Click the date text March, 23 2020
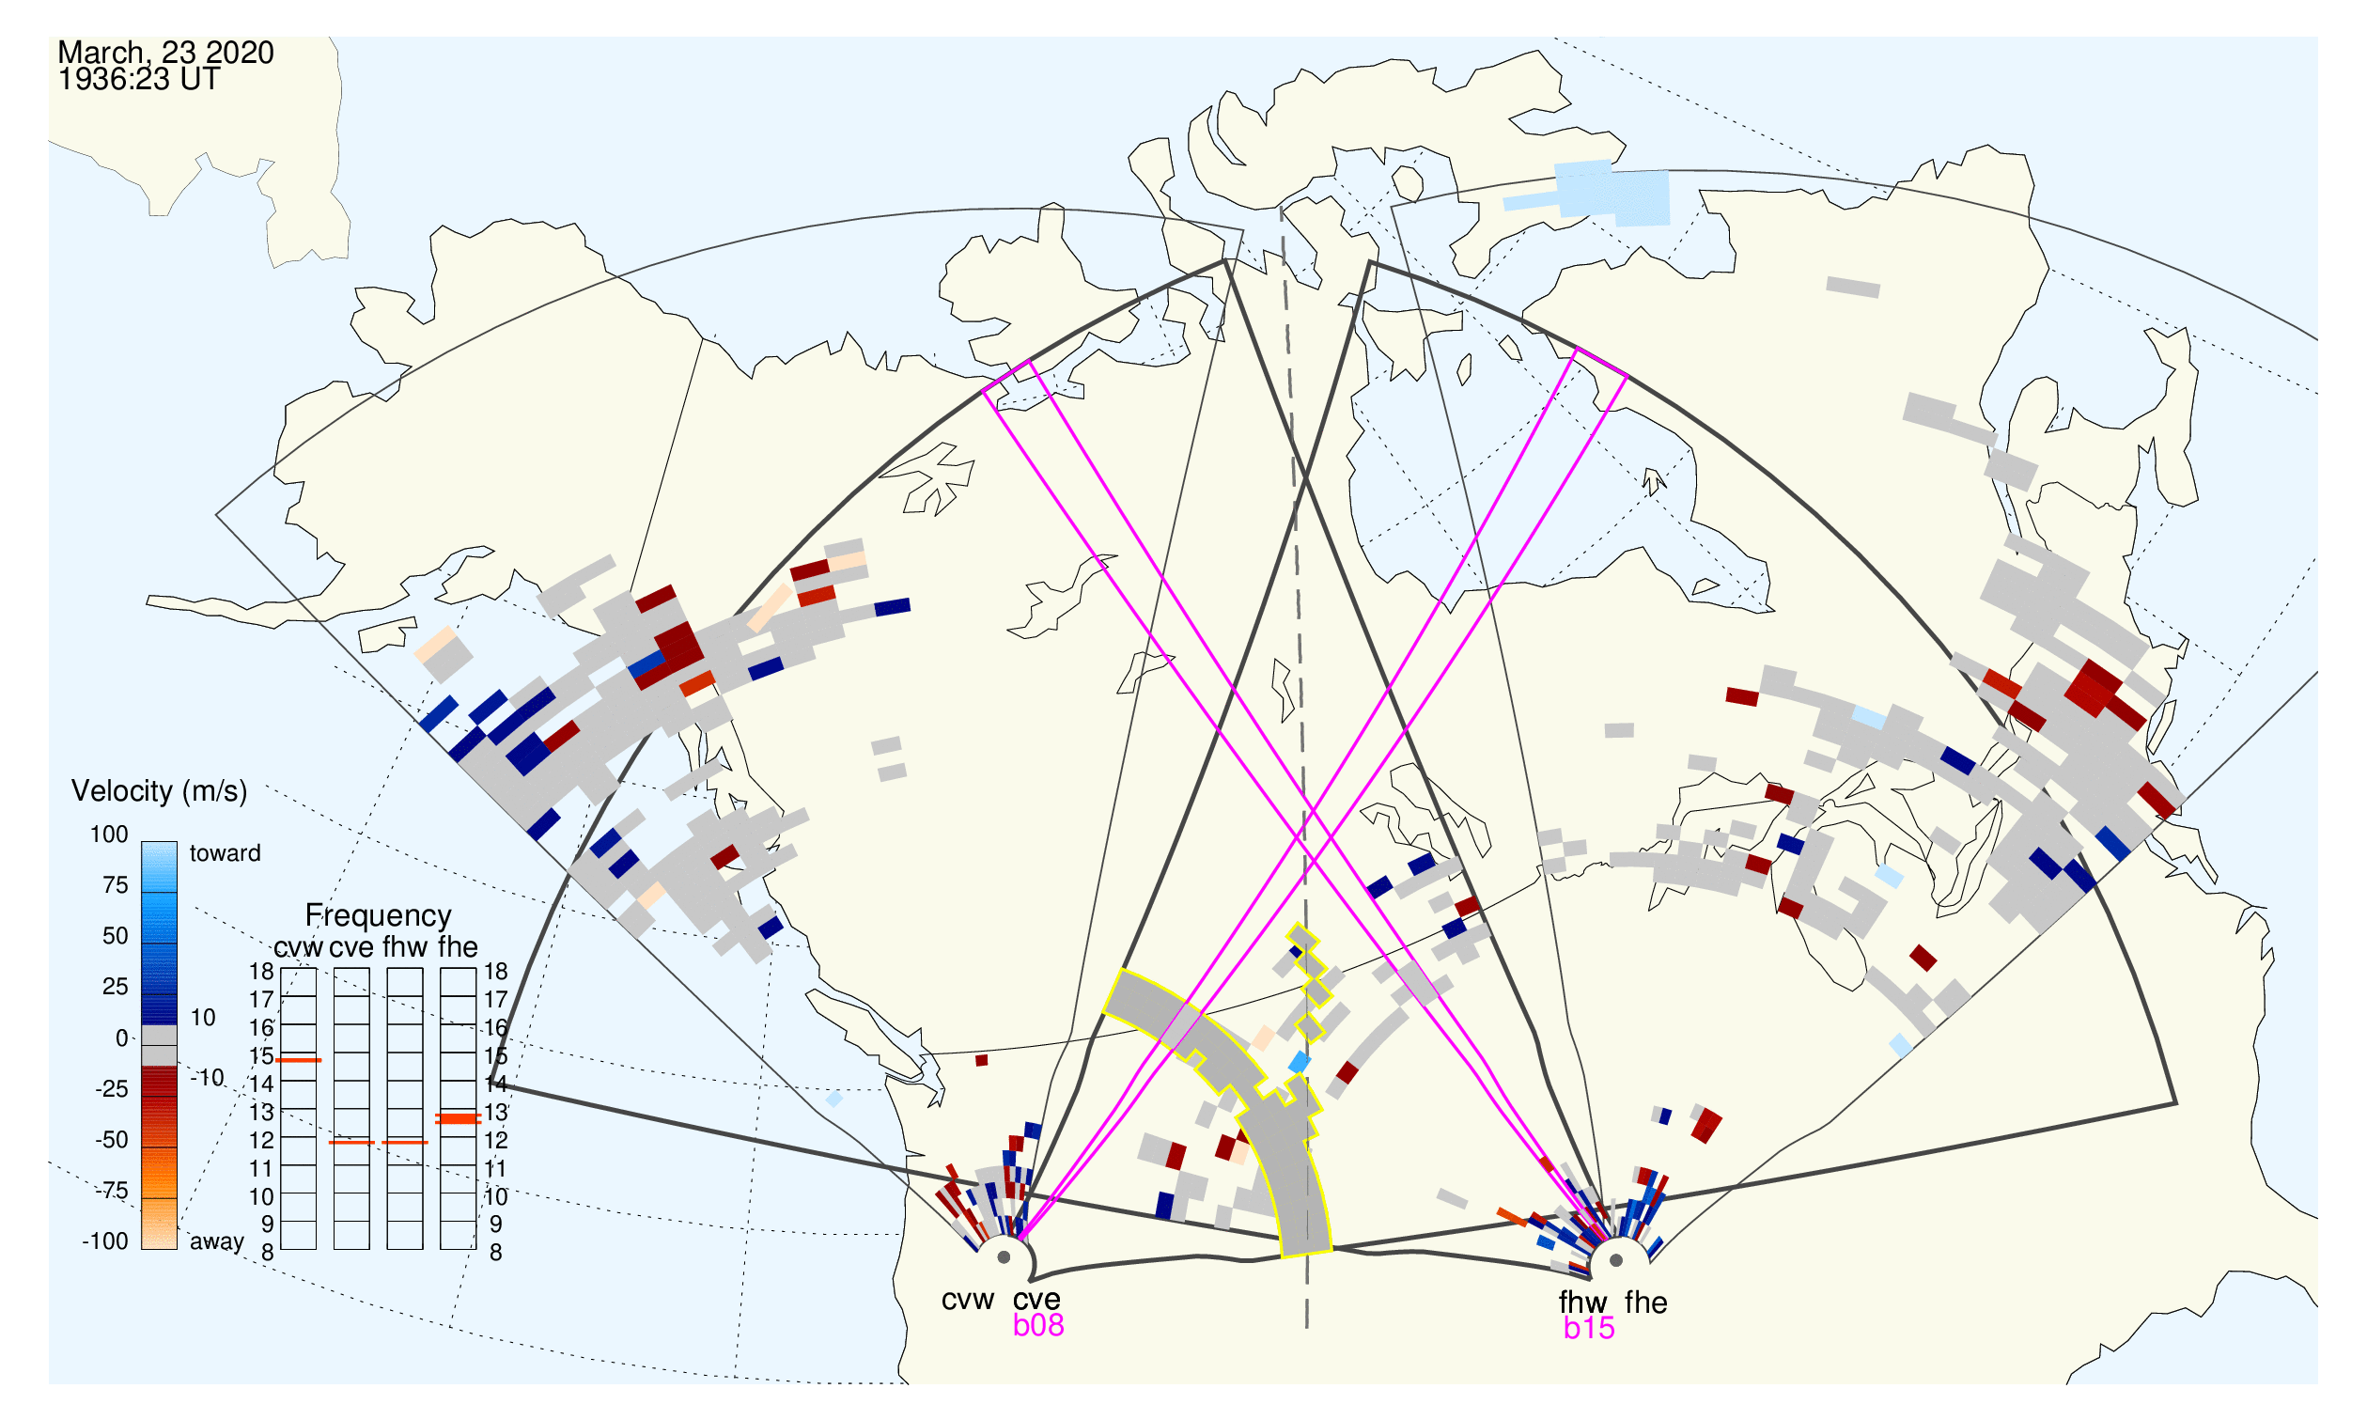pos(165,53)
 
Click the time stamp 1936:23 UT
pos(139,80)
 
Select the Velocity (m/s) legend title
pos(160,792)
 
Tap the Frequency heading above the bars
pos(379,916)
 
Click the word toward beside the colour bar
pos(226,853)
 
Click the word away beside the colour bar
pos(217,1242)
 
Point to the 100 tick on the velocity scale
pos(109,835)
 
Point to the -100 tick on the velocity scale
pos(105,1241)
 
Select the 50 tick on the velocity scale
pos(116,936)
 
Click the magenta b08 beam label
pos(1038,1326)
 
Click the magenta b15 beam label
pos(1589,1329)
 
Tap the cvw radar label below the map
pos(968,1301)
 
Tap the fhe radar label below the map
pos(1646,1303)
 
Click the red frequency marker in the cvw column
pos(299,1061)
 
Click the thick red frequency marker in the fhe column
pos(459,1119)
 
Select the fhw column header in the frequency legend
pos(405,948)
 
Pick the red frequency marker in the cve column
pos(352,1143)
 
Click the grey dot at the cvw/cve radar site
pos(1004,1258)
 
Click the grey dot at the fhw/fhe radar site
pos(1617,1261)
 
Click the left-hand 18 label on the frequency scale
pos(261,972)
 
